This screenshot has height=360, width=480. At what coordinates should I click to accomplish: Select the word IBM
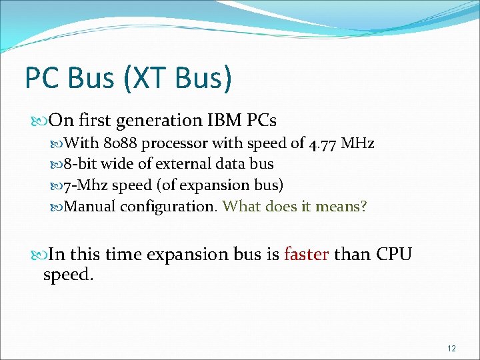(223, 121)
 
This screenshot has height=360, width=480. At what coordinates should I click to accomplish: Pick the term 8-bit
(82, 164)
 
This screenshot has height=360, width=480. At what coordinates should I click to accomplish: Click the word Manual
(91, 207)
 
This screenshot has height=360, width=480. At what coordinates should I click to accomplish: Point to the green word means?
(341, 207)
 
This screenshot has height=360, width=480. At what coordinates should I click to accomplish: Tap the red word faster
(307, 255)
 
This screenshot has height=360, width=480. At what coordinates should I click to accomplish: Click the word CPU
(395, 255)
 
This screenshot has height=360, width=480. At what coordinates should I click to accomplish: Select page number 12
(451, 349)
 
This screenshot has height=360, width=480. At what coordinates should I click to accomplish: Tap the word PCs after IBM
(261, 121)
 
